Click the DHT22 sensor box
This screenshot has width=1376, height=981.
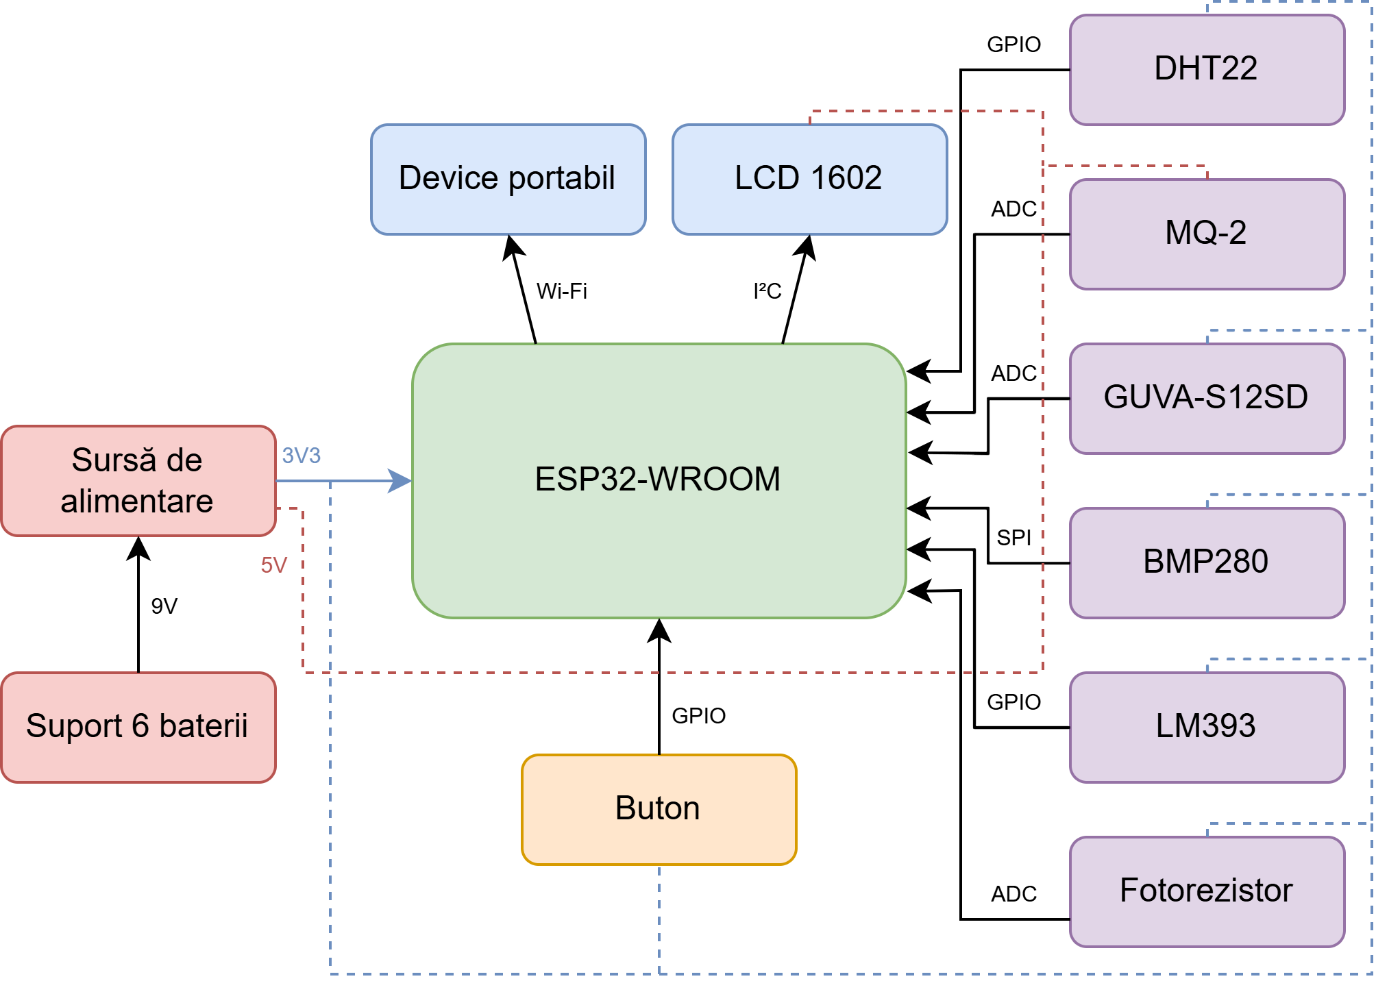click(1206, 69)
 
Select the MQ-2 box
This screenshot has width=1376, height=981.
click(1206, 234)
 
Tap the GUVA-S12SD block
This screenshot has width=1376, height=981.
click(1206, 398)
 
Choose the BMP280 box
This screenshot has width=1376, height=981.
click(1206, 562)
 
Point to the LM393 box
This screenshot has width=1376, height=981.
click(1206, 727)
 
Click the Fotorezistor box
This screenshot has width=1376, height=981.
click(1206, 891)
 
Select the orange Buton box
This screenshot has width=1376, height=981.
click(659, 809)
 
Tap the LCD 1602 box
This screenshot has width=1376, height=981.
click(809, 179)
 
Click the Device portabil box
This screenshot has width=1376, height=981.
click(508, 179)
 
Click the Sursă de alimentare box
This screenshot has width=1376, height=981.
click(138, 480)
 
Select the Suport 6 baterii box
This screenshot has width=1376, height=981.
click(138, 727)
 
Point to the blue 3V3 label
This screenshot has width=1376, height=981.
click(301, 456)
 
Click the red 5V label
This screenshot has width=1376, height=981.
click(273, 565)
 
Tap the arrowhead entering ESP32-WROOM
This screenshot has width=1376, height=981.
click(400, 481)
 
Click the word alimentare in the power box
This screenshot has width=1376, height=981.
click(137, 501)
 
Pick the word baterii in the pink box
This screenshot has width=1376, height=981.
click(204, 726)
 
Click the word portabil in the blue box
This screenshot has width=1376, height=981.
click(561, 178)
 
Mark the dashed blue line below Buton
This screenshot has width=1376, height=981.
click(659, 918)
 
